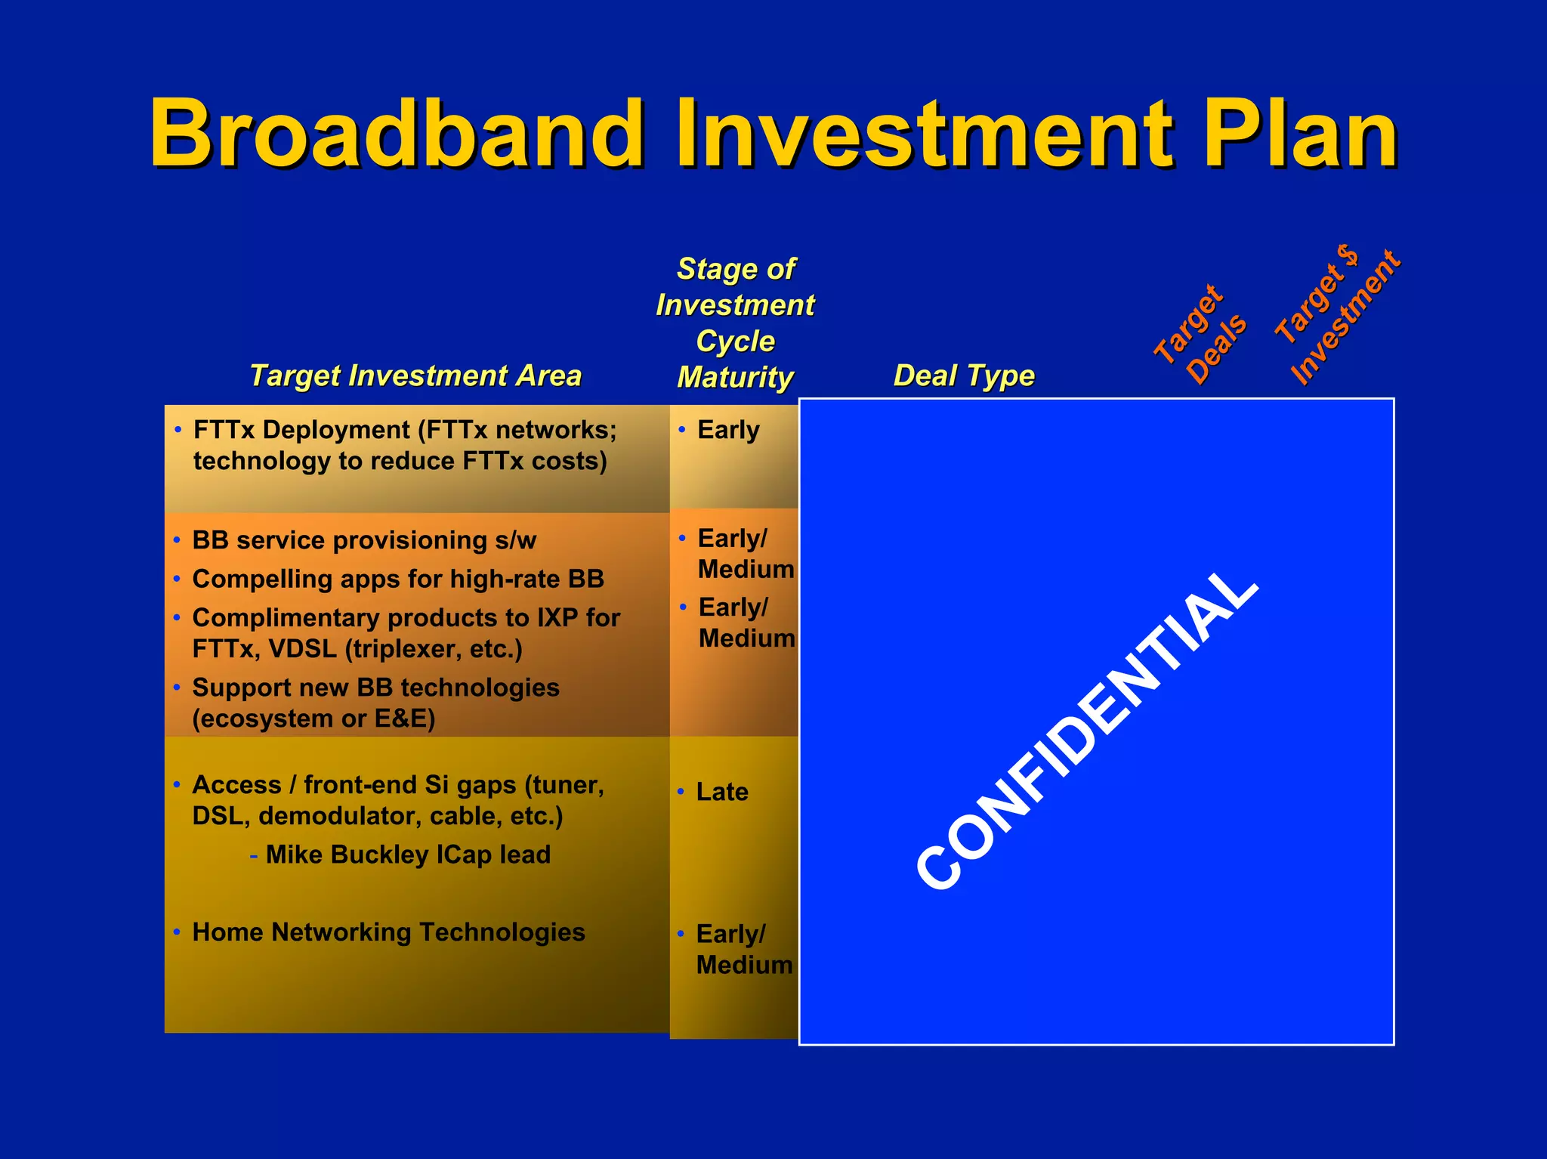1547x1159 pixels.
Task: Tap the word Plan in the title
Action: click(1299, 134)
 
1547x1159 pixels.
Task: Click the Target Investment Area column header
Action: click(415, 376)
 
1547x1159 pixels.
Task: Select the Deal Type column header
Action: click(964, 376)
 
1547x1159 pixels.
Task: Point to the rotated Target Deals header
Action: click(1201, 335)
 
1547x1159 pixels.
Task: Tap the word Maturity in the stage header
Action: click(735, 377)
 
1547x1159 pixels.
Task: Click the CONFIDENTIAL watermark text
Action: click(1088, 729)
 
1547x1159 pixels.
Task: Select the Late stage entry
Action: click(722, 792)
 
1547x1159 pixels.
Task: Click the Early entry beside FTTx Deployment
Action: click(728, 430)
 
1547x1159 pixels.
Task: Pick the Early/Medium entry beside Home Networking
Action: click(743, 949)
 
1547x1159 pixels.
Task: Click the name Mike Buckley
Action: click(347, 855)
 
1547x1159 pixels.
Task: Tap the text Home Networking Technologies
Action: click(388, 932)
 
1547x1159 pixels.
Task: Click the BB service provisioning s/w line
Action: click(364, 540)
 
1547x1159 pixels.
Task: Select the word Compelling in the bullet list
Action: click(257, 579)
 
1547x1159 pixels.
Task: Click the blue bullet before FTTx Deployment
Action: click(178, 430)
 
